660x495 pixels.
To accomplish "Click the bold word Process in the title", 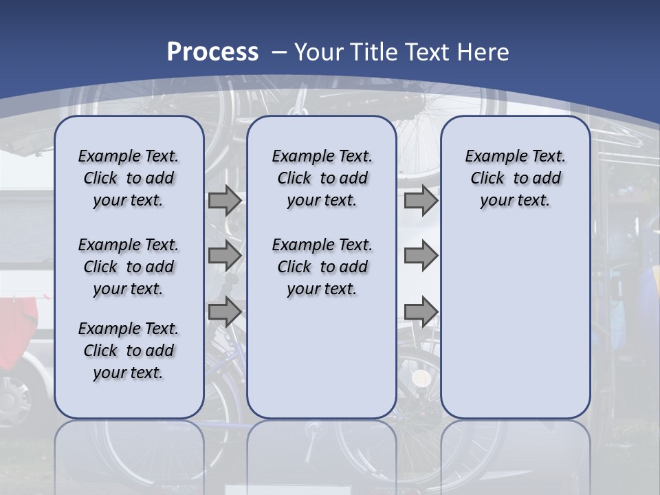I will (x=212, y=52).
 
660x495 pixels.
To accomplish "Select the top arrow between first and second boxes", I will (x=225, y=200).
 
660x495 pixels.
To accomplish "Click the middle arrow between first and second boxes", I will (x=225, y=256).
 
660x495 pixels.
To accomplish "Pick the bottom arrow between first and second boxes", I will (x=225, y=311).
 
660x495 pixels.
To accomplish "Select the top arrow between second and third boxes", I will (x=421, y=200).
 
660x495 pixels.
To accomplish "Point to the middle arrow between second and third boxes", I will (x=421, y=256).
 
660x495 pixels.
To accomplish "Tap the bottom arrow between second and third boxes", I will (x=421, y=311).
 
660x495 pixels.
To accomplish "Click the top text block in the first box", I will (x=129, y=178).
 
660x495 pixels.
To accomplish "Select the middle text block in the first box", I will (x=129, y=267).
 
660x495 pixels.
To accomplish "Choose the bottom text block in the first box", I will (x=129, y=351).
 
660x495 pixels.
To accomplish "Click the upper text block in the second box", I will (x=322, y=178).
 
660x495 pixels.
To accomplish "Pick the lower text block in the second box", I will (x=322, y=267).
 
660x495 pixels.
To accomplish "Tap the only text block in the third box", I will (x=515, y=178).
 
